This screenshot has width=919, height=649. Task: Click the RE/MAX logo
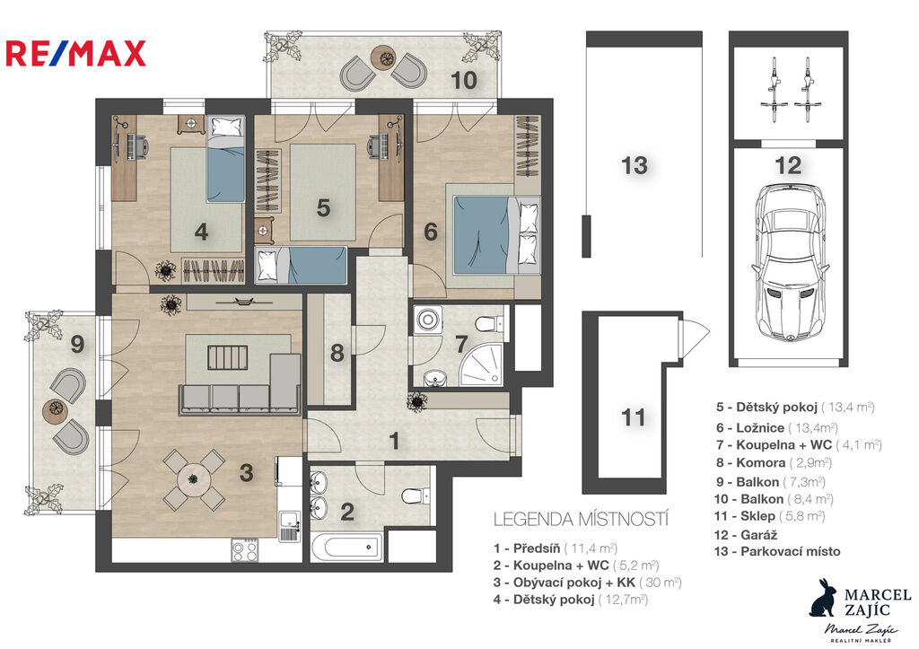click(75, 53)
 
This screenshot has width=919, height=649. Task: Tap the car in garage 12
click(790, 263)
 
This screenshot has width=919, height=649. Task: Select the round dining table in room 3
click(194, 479)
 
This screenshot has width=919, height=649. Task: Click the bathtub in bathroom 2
click(346, 548)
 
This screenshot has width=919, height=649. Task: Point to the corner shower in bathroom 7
click(482, 364)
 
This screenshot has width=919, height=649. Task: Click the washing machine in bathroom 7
click(428, 320)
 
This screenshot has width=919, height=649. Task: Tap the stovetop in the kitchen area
click(244, 550)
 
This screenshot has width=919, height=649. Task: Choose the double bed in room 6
click(495, 234)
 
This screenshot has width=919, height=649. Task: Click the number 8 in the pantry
click(337, 353)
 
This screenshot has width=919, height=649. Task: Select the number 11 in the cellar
click(633, 417)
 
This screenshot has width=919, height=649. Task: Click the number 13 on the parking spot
click(635, 165)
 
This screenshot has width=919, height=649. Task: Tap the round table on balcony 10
click(385, 57)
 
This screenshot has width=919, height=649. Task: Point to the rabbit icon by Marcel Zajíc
click(825, 598)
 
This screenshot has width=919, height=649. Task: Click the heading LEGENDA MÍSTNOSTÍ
click(581, 520)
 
